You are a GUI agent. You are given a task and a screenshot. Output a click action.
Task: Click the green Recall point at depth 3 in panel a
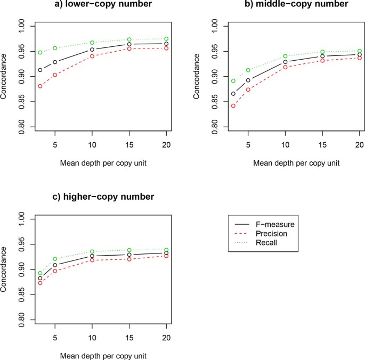pyautogui.click(x=40, y=53)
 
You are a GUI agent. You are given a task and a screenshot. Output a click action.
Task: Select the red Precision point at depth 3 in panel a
pyautogui.click(x=40, y=86)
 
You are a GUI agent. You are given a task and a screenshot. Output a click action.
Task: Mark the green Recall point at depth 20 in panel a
pyautogui.click(x=166, y=39)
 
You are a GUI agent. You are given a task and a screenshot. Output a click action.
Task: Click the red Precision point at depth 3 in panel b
pyautogui.click(x=233, y=106)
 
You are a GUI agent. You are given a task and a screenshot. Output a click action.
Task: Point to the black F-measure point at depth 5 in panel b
pyautogui.click(x=248, y=80)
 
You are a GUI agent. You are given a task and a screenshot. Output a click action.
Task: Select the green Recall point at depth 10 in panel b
pyautogui.click(x=285, y=56)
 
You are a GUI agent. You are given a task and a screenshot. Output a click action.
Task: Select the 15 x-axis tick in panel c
pyautogui.click(x=129, y=332)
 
